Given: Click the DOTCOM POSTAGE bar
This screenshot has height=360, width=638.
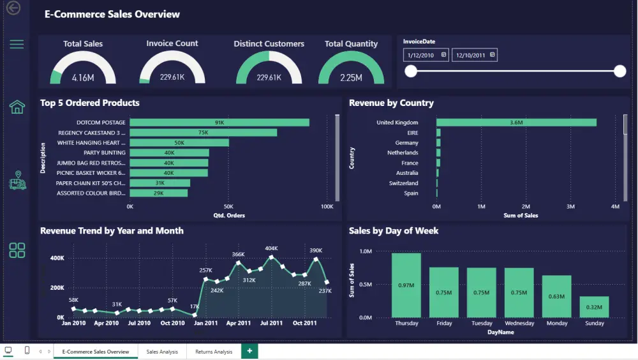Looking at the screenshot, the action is (x=219, y=122).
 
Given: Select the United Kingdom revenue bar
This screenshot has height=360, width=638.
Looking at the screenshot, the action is (x=516, y=122).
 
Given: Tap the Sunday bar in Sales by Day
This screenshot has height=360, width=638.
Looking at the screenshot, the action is (x=594, y=307).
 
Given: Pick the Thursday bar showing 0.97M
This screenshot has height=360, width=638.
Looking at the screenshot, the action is (x=406, y=285).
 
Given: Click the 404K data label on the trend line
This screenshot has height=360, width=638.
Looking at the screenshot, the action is (x=271, y=248).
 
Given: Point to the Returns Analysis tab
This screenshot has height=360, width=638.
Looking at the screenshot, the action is (x=214, y=352).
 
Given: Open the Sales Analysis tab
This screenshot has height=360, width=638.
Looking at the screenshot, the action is (x=162, y=352).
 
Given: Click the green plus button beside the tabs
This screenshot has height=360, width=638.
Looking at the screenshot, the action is (x=249, y=351).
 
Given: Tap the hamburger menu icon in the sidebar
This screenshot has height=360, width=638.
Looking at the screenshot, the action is (x=17, y=44).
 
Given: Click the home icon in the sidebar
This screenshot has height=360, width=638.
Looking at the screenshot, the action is (x=17, y=107).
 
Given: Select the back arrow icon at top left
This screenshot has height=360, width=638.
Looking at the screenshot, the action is (x=13, y=8).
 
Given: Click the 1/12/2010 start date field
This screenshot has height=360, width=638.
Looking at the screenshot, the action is (x=426, y=55).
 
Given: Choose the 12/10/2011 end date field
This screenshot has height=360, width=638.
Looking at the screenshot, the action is (x=475, y=55).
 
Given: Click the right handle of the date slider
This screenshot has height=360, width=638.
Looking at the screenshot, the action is (x=619, y=71).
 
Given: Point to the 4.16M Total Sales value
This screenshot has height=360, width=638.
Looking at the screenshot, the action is (x=83, y=78).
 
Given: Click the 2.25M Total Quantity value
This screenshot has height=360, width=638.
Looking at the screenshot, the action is (x=351, y=78).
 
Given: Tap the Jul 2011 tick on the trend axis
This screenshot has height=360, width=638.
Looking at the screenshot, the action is (x=271, y=323).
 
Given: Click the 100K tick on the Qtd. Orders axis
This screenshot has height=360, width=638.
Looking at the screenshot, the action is (x=327, y=206).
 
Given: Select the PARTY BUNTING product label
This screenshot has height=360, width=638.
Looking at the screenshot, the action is (x=105, y=153).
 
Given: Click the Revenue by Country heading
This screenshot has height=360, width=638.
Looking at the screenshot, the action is (x=392, y=103).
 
